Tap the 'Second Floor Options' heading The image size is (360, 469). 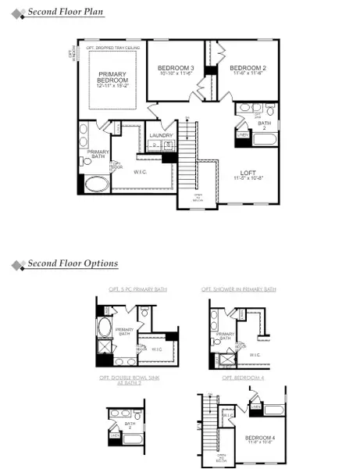click(x=73, y=264)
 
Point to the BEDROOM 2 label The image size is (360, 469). click(x=248, y=69)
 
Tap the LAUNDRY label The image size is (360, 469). click(x=161, y=135)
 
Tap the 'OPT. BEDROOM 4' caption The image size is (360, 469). click(x=242, y=378)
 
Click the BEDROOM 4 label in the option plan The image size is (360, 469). click(x=259, y=437)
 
